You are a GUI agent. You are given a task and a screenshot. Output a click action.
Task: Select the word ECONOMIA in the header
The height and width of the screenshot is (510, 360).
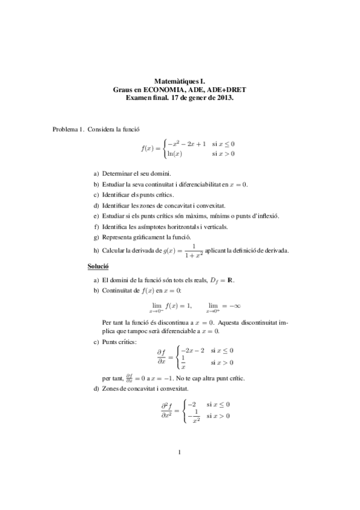pyautogui.click(x=159, y=89)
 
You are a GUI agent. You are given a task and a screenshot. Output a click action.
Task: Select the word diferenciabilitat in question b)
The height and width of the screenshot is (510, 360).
pyautogui.click(x=198, y=184)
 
